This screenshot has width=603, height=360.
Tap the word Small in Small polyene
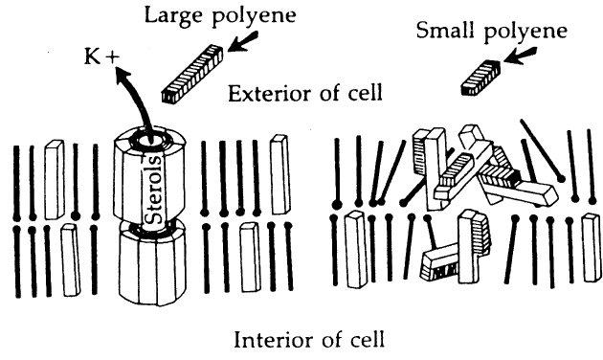446,30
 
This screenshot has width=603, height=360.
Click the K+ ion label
101,56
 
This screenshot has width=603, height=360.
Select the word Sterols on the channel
155,190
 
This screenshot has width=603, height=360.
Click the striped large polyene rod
192,74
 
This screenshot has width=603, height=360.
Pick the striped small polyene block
480,78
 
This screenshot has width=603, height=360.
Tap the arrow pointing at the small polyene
520,55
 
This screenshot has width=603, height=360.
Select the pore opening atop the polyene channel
149,141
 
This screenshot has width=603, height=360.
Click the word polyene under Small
525,32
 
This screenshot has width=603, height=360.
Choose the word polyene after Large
255,17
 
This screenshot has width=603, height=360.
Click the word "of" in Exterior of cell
331,93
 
